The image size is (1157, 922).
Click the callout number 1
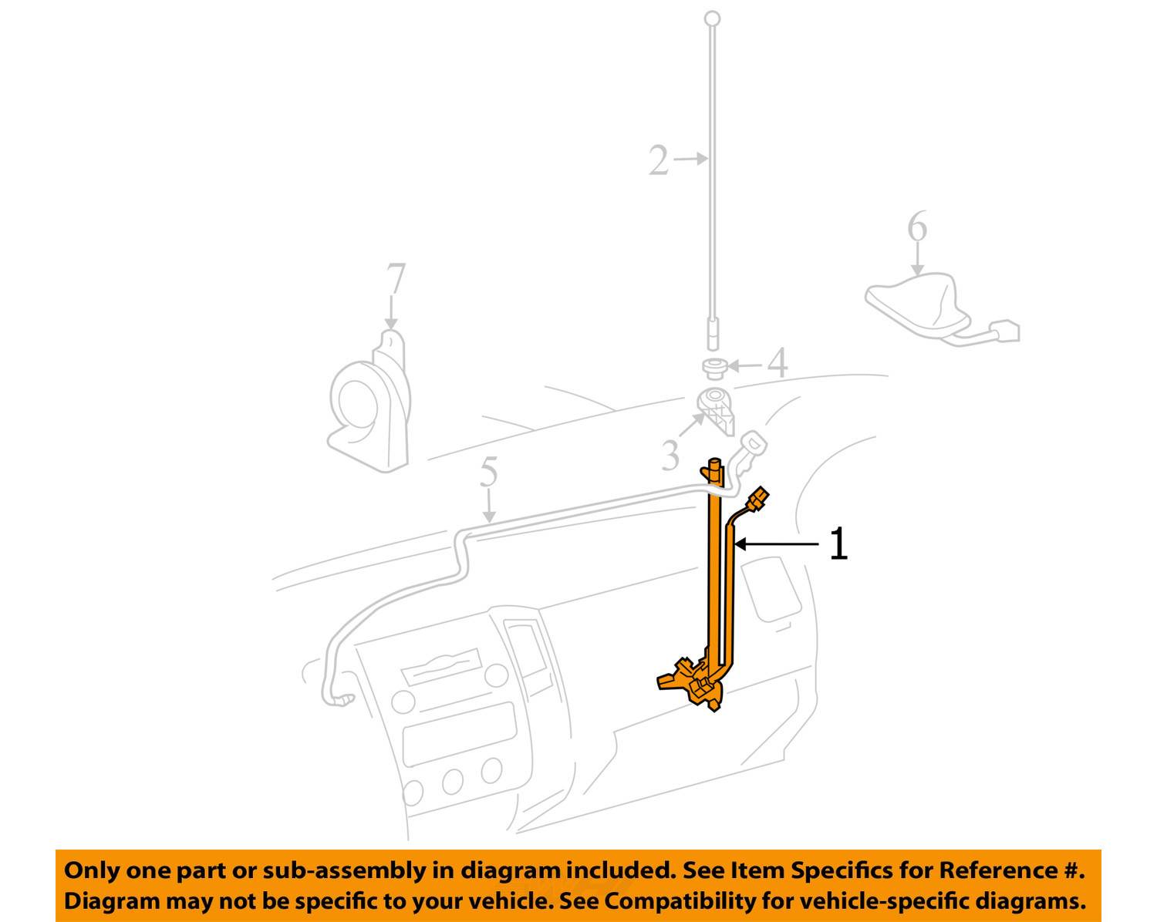click(x=838, y=543)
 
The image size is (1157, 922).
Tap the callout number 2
click(x=658, y=160)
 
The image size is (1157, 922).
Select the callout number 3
click(x=670, y=455)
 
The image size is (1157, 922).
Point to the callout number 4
click(x=778, y=362)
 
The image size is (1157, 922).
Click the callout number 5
click(x=488, y=472)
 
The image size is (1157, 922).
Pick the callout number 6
click(x=917, y=226)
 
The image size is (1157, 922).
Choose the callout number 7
click(x=396, y=278)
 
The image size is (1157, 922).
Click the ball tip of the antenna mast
click(x=713, y=19)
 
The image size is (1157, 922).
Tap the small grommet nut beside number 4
click(x=715, y=369)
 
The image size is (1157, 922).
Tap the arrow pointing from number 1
click(x=777, y=544)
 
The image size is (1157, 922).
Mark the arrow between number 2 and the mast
click(x=690, y=159)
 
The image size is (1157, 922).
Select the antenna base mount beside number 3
click(x=715, y=410)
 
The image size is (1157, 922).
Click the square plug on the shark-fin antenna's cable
click(x=1005, y=331)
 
